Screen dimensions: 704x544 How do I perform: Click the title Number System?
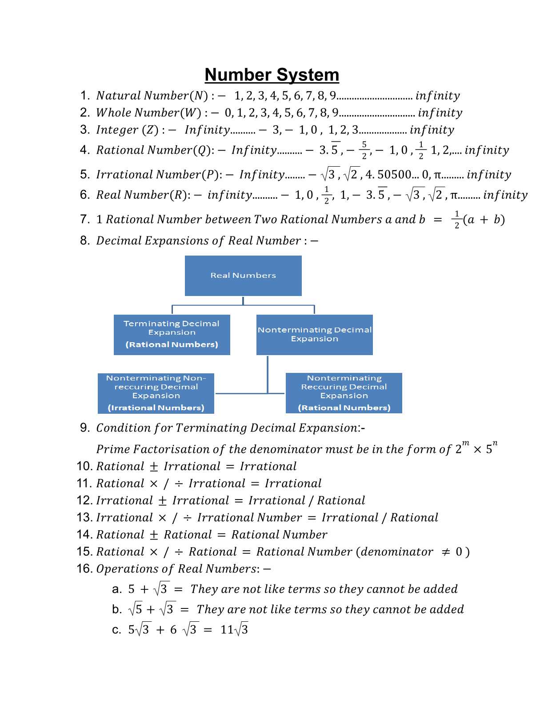click(272, 75)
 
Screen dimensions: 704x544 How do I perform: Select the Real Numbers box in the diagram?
click(243, 276)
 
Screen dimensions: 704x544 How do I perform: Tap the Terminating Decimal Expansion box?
click(172, 335)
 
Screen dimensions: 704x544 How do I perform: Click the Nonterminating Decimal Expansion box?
click(314, 335)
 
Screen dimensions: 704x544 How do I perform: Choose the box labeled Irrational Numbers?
click(156, 393)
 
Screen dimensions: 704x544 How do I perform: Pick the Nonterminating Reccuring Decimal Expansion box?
click(344, 393)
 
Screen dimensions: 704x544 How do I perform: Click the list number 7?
click(85, 219)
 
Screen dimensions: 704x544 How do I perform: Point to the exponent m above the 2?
click(465, 443)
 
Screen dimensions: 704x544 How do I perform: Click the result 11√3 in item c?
click(234, 629)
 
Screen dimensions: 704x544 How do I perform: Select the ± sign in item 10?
click(154, 467)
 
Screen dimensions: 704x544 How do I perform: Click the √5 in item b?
click(136, 609)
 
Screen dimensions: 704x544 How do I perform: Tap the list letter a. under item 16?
click(116, 589)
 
